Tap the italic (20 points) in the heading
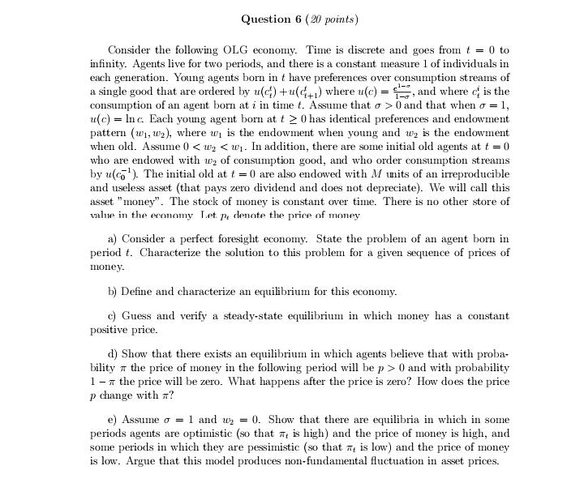(333, 19)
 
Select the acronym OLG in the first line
(241, 50)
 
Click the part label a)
(114, 239)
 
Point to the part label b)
(114, 291)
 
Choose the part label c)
(113, 316)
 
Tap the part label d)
(114, 355)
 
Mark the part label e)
(113, 420)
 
